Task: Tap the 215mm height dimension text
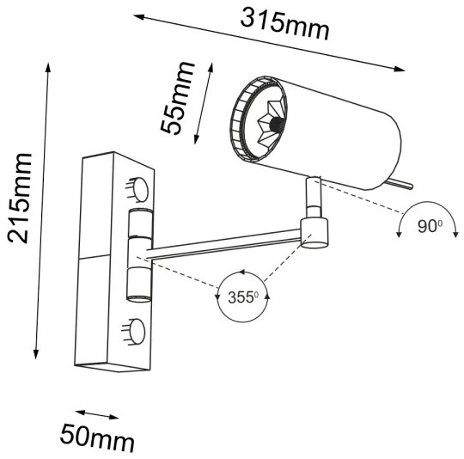coord(19,198)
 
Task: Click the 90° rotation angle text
coord(429,226)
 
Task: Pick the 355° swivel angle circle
coord(243,297)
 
